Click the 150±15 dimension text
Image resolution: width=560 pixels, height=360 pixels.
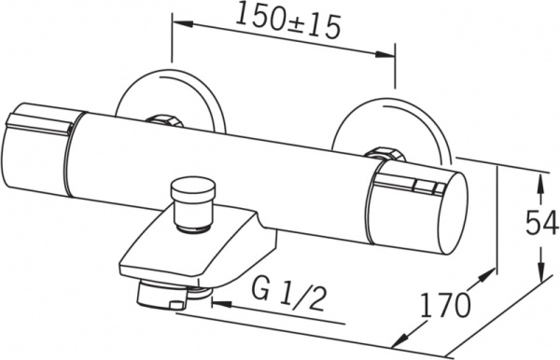coord(287,20)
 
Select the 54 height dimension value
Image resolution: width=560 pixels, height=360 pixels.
coord(541,222)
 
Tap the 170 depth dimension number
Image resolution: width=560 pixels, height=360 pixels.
coord(445,304)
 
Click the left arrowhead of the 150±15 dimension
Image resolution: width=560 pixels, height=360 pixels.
coord(183,23)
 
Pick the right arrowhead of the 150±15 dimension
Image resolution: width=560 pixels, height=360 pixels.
coord(385,54)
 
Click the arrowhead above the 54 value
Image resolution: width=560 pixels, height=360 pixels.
coord(541,184)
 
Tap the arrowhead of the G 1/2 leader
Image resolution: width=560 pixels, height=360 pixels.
coord(222,304)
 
